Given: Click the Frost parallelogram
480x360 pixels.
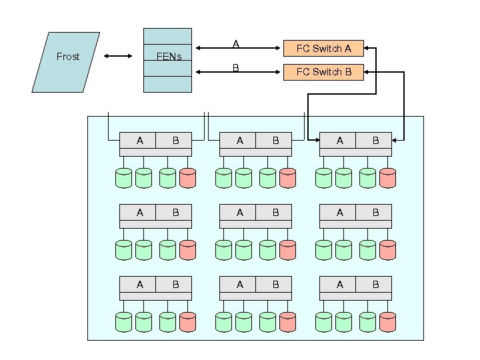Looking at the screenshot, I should [67, 61].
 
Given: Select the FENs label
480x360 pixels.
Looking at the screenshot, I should [168, 57].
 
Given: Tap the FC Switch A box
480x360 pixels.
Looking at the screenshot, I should [323, 49].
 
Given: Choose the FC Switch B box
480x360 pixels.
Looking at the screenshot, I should [323, 71].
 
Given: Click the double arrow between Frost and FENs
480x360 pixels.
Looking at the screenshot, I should [119, 57].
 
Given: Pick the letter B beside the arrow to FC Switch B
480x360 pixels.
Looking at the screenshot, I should [235, 67].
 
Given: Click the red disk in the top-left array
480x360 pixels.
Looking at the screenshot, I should [187, 177].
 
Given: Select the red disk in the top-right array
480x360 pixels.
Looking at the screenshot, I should [387, 177].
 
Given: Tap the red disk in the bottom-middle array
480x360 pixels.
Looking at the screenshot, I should [287, 322].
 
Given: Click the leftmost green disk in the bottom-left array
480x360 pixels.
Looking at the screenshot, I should [124, 322].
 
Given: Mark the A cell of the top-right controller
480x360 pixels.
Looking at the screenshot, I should [339, 140].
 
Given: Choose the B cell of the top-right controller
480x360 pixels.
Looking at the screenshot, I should [375, 140].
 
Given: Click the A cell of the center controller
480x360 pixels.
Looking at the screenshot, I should [239, 212].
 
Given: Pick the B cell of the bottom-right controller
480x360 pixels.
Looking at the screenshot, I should [375, 285].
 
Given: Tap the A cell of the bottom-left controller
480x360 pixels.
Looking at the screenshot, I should [139, 285].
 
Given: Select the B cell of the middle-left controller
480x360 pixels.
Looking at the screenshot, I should [175, 212].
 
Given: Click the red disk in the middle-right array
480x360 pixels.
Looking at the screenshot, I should [387, 249].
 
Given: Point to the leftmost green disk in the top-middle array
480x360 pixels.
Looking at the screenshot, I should [224, 177].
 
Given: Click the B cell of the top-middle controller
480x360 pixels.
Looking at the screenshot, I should [275, 140].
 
